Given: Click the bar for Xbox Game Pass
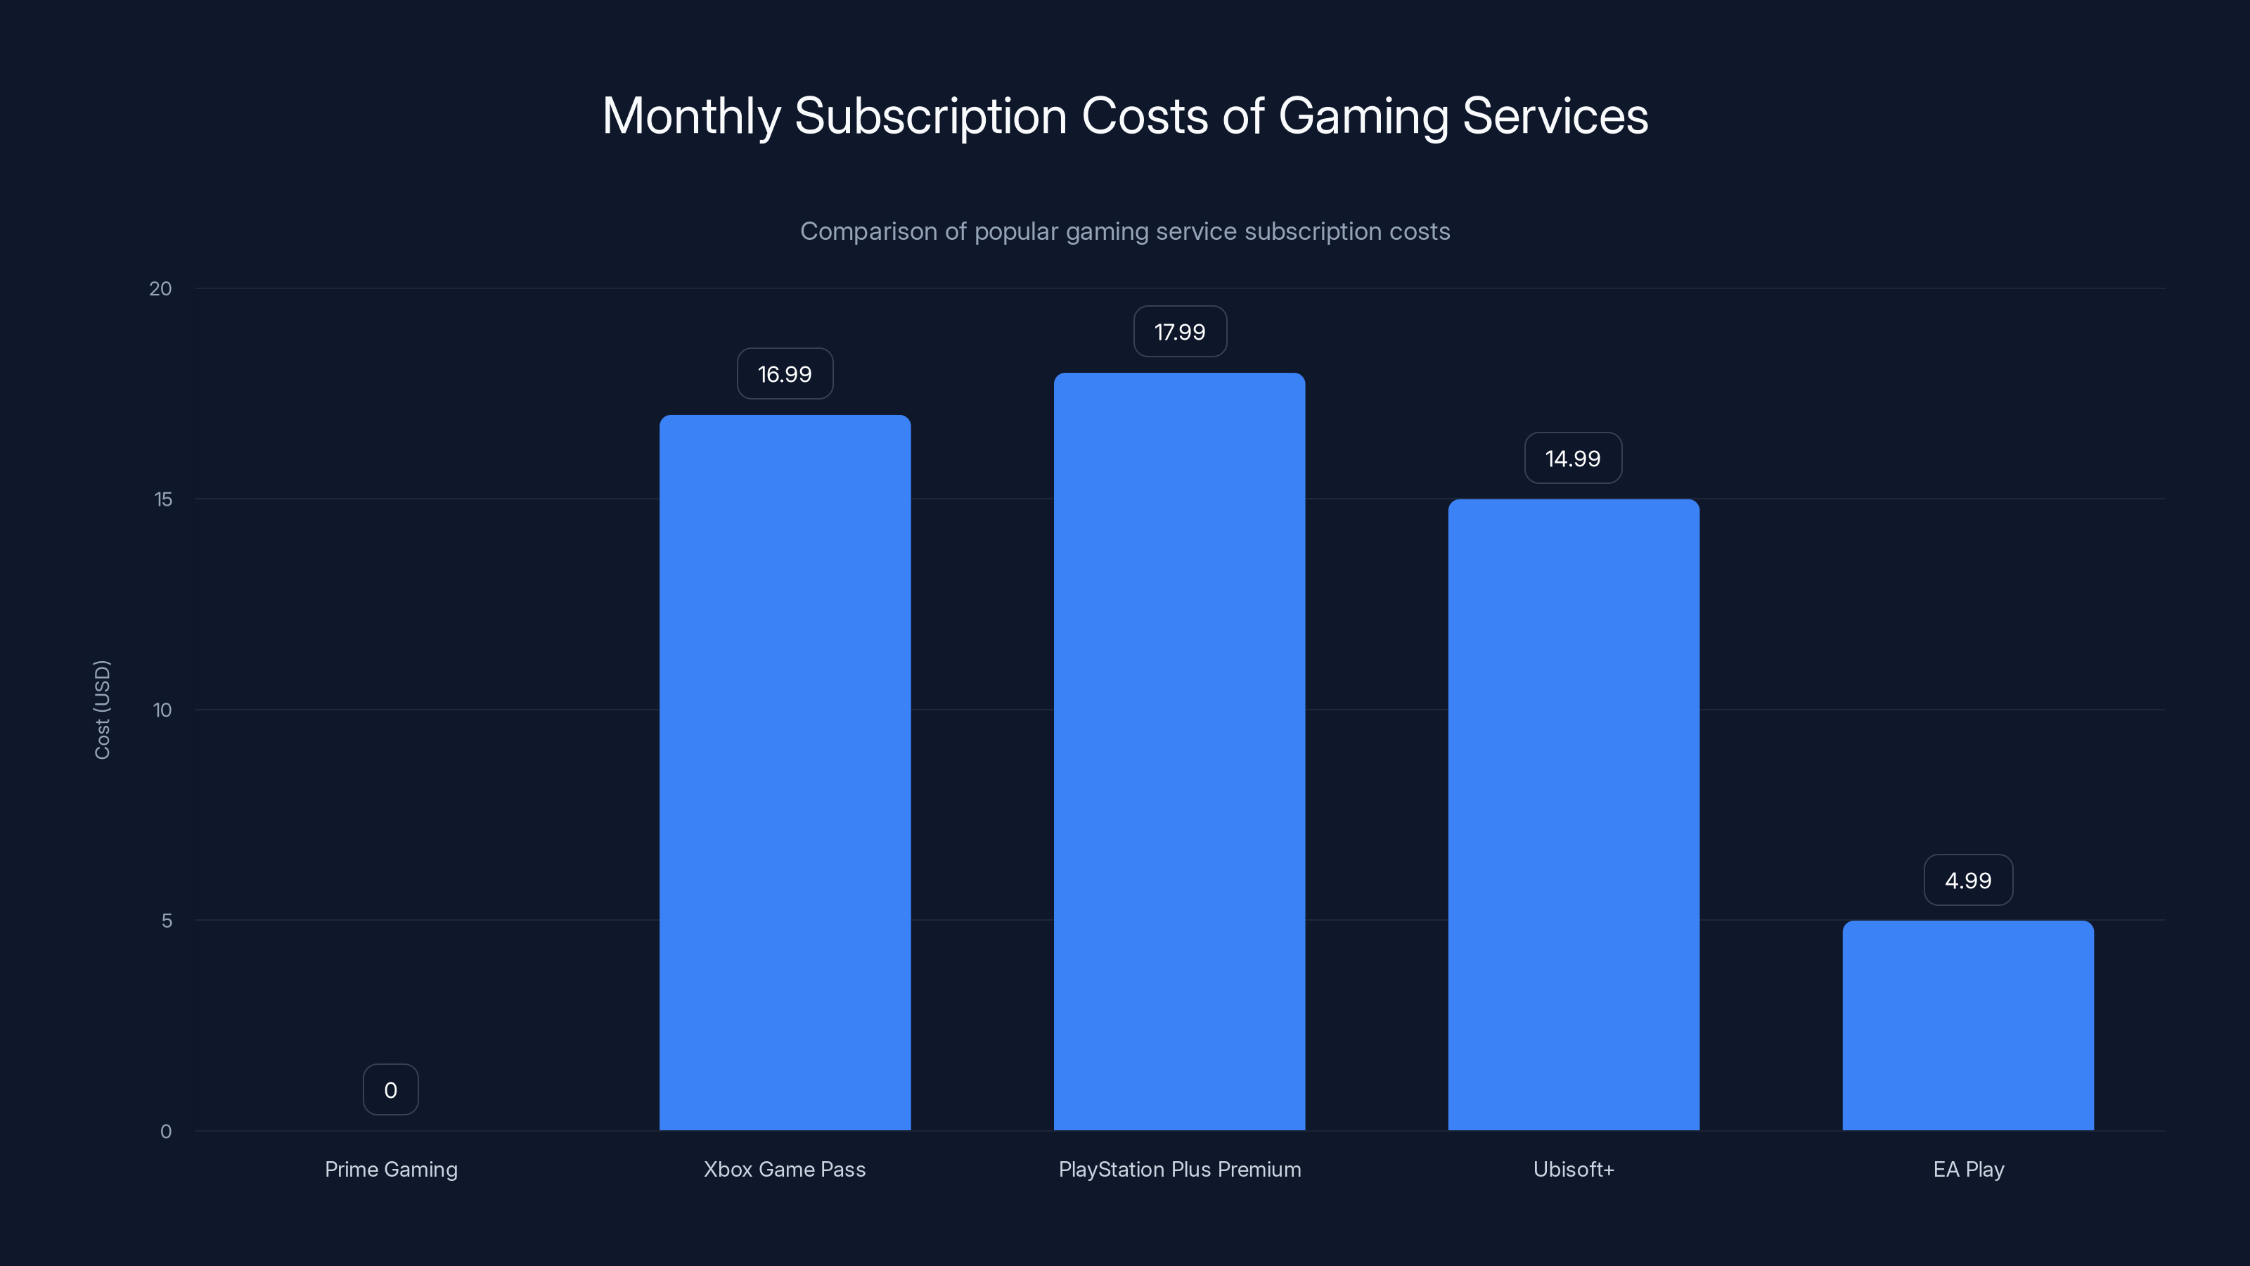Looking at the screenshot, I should pos(785,772).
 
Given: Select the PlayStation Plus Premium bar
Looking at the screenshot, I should pos(1179,751).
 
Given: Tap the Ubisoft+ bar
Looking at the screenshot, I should pos(1573,814).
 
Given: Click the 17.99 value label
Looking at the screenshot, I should pos(1179,332).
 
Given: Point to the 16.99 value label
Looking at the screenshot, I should pos(785,374).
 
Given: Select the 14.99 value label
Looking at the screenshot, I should pos(1573,459).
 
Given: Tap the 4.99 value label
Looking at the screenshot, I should pos(1968,881).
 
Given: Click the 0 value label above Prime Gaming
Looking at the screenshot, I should pos(390,1090).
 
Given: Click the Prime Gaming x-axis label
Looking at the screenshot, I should pos(390,1169).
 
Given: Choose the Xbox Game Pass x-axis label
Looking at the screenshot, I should pos(785,1169).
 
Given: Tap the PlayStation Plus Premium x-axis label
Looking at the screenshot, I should pos(1179,1169).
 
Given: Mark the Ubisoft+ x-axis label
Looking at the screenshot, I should pos(1573,1169).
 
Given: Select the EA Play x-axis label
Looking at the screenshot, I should pos(1968,1169).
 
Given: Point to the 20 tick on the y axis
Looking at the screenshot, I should pos(161,289).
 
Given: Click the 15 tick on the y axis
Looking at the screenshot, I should pos(163,500).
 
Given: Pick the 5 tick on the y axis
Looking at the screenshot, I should pos(167,921).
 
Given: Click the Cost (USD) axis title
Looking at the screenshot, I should pos(102,710).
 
